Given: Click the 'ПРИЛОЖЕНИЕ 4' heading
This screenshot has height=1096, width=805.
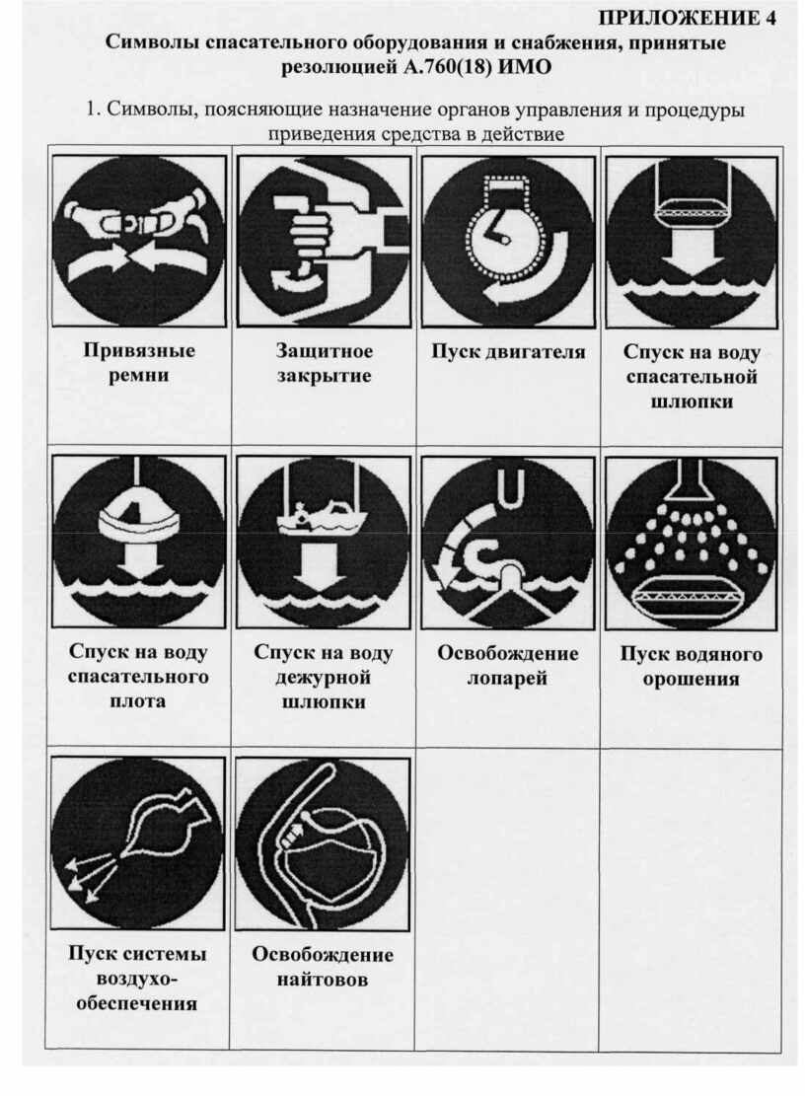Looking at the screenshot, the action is [688, 18].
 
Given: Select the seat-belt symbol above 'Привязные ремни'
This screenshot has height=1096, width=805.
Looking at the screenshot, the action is [139, 241].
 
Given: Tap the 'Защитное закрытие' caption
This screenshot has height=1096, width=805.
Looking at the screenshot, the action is [324, 363].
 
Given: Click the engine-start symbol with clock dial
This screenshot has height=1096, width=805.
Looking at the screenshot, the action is [507, 241].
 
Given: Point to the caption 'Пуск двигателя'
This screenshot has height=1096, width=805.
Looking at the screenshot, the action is [508, 351].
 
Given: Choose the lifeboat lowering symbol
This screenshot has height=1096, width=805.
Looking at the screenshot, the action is [692, 242].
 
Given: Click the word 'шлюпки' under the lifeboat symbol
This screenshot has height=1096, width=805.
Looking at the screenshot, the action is [692, 402].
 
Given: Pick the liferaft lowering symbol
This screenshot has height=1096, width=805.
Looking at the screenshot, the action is [139, 542].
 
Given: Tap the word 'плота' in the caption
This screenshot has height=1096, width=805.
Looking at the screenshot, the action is [138, 701].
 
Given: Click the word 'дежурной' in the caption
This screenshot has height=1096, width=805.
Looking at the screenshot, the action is [323, 678].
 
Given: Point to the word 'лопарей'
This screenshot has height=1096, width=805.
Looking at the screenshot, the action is [507, 678].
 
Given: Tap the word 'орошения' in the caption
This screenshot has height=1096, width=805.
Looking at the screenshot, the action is [692, 680].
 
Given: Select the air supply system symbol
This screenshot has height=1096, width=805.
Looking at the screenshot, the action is [138, 842].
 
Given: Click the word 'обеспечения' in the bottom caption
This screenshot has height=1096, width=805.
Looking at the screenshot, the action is [137, 1003].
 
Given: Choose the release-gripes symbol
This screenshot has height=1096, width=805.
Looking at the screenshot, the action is [323, 843].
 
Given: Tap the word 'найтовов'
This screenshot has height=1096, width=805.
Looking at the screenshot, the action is [323, 980].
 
